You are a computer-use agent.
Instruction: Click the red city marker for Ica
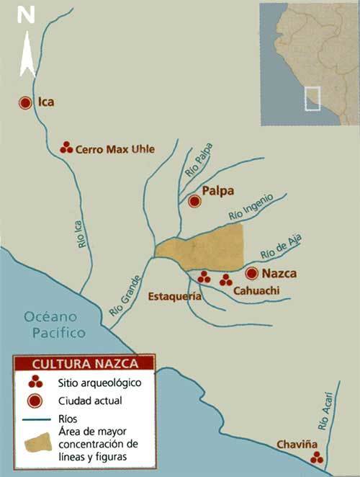[25, 103]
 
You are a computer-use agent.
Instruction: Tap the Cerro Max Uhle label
[115, 149]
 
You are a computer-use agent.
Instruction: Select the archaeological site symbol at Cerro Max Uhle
[66, 148]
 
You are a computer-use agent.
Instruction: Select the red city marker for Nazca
[251, 273]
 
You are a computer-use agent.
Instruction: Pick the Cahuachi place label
[256, 290]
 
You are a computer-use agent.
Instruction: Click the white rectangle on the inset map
[312, 99]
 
